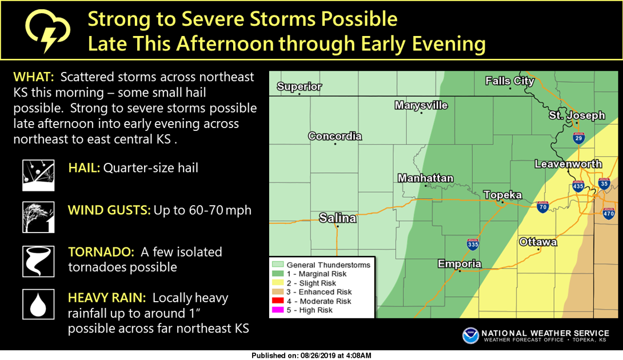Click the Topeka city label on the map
pos(502,195)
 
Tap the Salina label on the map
pos(337,218)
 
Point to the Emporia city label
pos(460,264)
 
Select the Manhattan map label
pos(425,178)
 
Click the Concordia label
pos(335,136)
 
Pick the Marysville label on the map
pos(421,106)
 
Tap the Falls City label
pos(509,81)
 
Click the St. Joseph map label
pos(577,115)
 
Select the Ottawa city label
pos(538,242)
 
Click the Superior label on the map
pos(299,87)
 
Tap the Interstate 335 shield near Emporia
pos(473,245)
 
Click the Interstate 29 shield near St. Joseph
pos(580,137)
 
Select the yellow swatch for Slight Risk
pos(278,283)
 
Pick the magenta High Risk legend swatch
pos(278,310)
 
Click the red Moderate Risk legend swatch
pos(278,301)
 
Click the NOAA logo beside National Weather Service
pos(471,335)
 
